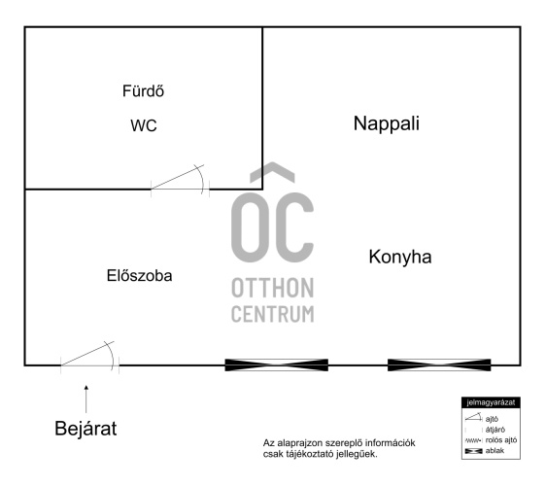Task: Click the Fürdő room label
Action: click(143, 91)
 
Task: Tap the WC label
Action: click(144, 125)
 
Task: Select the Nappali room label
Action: click(386, 124)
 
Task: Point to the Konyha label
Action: click(400, 258)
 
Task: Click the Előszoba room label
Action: click(139, 276)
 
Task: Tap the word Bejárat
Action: click(85, 429)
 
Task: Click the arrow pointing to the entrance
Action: click(86, 399)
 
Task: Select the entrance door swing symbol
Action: click(89, 357)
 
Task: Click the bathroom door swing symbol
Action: click(180, 180)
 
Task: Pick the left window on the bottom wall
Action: click(276, 365)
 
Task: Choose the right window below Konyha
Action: click(439, 365)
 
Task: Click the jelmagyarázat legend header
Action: click(491, 402)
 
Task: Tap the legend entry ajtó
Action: click(492, 419)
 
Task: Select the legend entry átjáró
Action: click(494, 430)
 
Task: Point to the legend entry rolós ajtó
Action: click(501, 440)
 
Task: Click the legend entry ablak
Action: click(494, 451)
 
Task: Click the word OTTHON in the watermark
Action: click(272, 288)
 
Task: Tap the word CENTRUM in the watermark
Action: click(272, 314)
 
